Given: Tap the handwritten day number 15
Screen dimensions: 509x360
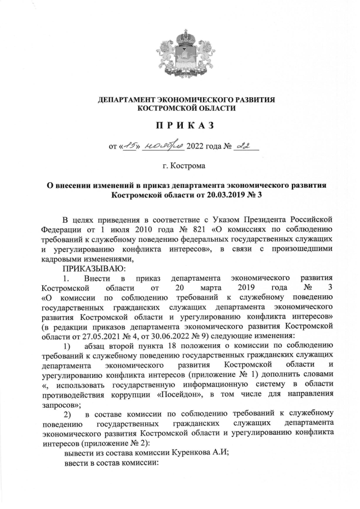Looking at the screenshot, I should tap(129, 147).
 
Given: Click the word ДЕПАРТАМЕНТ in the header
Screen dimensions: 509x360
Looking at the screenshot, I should tap(126, 99).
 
